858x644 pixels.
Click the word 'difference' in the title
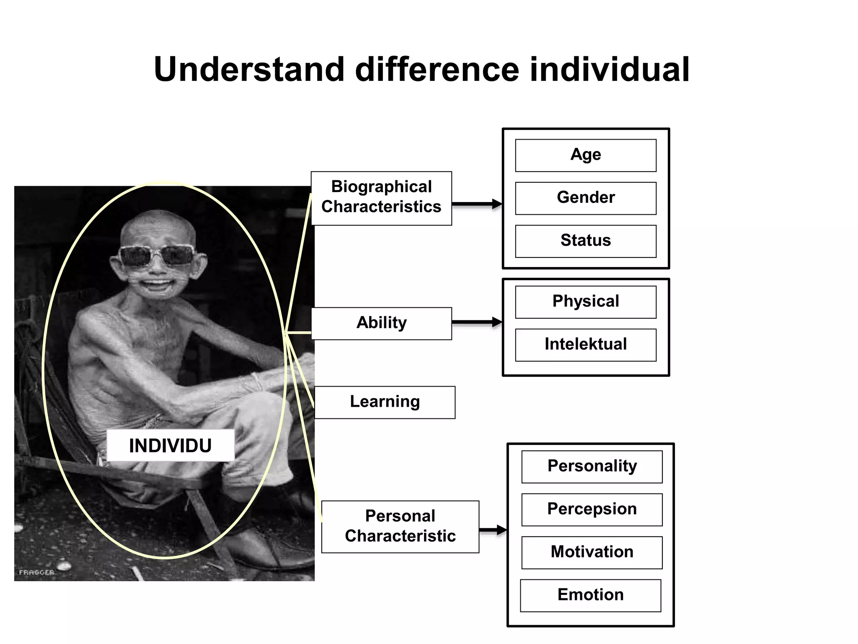click(437, 70)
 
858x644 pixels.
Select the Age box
click(585, 156)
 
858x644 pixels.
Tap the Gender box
click(585, 198)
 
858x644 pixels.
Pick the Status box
click(585, 241)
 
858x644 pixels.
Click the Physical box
click(585, 302)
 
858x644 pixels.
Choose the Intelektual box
click(585, 345)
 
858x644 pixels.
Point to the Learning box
click(385, 402)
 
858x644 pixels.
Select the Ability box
click(381, 323)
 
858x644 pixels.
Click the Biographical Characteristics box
click(381, 198)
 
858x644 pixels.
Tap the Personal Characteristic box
click(400, 527)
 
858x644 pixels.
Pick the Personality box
click(592, 467)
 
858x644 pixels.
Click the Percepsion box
click(592, 509)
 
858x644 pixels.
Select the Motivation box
click(592, 552)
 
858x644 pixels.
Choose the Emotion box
click(590, 595)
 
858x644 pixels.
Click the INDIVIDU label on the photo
click(170, 445)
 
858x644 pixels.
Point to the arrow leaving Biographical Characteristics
click(477, 204)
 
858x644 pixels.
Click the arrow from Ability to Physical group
click(477, 322)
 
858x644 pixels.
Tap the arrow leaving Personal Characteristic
click(493, 530)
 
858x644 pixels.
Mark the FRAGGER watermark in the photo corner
click(36, 572)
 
